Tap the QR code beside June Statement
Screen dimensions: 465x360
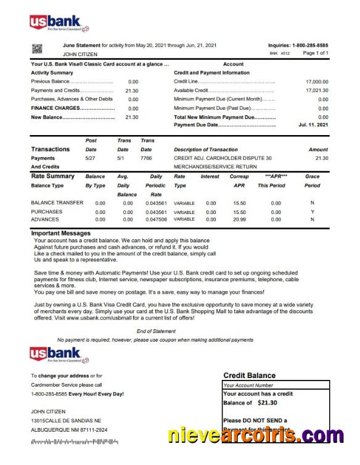click(36, 49)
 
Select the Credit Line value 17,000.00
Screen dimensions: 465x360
click(317, 81)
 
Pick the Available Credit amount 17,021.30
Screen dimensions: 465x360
click(317, 90)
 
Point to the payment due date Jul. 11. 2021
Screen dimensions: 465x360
click(313, 125)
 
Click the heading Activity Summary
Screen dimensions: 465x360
click(52, 73)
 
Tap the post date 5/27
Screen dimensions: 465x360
click(91, 158)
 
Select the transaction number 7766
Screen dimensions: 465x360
click(146, 158)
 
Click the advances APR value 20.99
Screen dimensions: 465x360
click(240, 219)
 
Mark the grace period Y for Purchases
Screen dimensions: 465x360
click(313, 212)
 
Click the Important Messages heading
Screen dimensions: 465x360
click(61, 233)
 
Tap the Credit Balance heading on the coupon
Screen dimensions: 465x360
click(249, 375)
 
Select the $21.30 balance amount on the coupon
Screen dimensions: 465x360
click(268, 403)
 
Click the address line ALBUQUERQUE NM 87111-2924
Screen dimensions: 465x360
click(69, 429)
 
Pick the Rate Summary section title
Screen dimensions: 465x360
click(53, 176)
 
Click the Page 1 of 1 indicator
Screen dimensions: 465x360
click(315, 54)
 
